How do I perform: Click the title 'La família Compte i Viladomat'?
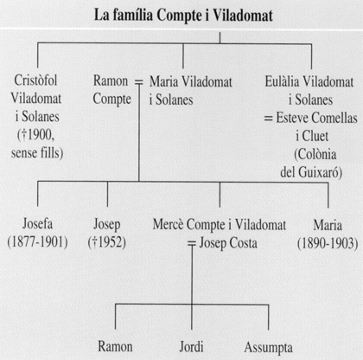[183, 16]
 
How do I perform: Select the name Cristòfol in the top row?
[35, 80]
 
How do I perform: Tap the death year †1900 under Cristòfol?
[38, 135]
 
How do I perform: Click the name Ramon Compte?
[111, 90]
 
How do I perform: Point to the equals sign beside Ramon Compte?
[139, 83]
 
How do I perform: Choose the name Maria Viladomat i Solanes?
[190, 91]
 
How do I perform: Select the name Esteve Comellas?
[317, 118]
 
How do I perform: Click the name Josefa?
[37, 223]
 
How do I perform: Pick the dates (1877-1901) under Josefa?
[37, 242]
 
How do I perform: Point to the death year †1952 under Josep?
[107, 242]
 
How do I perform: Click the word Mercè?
[169, 224]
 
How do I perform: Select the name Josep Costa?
[228, 243]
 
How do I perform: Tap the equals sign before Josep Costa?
[192, 244]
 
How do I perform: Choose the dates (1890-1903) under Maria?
[328, 243]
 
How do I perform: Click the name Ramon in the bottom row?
[115, 346]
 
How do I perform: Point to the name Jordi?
[191, 347]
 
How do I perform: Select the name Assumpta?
[269, 348]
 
